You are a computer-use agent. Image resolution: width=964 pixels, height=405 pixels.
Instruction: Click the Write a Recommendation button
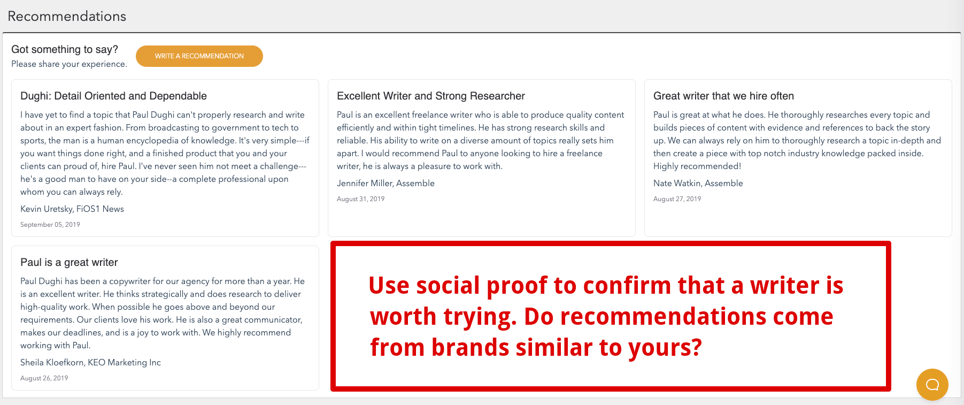pyautogui.click(x=199, y=56)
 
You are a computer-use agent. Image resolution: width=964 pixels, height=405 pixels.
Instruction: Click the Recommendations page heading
pyautogui.click(x=67, y=16)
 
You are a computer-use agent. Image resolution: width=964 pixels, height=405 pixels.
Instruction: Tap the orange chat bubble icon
pyautogui.click(x=932, y=385)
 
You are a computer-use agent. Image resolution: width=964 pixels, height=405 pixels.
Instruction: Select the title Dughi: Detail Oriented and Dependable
pyautogui.click(x=113, y=96)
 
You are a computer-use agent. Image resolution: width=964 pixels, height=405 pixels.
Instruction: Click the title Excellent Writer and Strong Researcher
pyautogui.click(x=431, y=96)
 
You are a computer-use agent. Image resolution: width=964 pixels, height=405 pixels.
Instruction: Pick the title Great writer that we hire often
pyautogui.click(x=723, y=96)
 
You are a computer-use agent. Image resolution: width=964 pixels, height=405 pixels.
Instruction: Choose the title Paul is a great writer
pyautogui.click(x=69, y=262)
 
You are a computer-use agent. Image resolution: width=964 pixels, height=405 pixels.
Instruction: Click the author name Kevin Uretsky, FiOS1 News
pyautogui.click(x=72, y=209)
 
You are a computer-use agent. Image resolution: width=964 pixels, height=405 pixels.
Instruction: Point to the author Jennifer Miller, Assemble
pyautogui.click(x=385, y=183)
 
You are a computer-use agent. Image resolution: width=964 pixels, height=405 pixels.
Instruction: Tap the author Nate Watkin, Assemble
pyautogui.click(x=698, y=183)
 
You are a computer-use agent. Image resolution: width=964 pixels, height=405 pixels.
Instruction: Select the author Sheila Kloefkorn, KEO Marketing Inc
pyautogui.click(x=90, y=362)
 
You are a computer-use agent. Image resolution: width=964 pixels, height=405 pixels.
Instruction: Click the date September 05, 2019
pyautogui.click(x=50, y=225)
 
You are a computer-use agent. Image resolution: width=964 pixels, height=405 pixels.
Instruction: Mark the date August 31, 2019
pyautogui.click(x=361, y=199)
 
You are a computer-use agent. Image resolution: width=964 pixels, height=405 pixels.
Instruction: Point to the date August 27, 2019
pyautogui.click(x=677, y=199)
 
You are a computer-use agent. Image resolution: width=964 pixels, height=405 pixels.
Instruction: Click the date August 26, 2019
pyautogui.click(x=44, y=378)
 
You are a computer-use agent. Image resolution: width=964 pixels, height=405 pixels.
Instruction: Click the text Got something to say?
pyautogui.click(x=65, y=49)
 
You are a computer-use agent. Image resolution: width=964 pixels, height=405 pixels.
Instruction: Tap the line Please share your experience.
pyautogui.click(x=69, y=64)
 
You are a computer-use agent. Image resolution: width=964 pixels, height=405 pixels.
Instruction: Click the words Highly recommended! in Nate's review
pyautogui.click(x=697, y=166)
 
